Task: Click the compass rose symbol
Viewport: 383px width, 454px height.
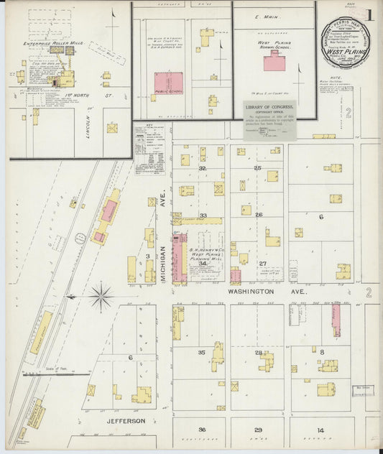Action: coord(101,295)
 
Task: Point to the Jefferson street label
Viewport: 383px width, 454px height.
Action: coord(128,421)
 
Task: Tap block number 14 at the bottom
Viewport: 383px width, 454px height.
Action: coord(321,430)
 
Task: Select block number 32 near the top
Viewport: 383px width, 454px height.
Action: coord(203,168)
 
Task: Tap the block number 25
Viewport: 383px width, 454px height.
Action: coord(258,167)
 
